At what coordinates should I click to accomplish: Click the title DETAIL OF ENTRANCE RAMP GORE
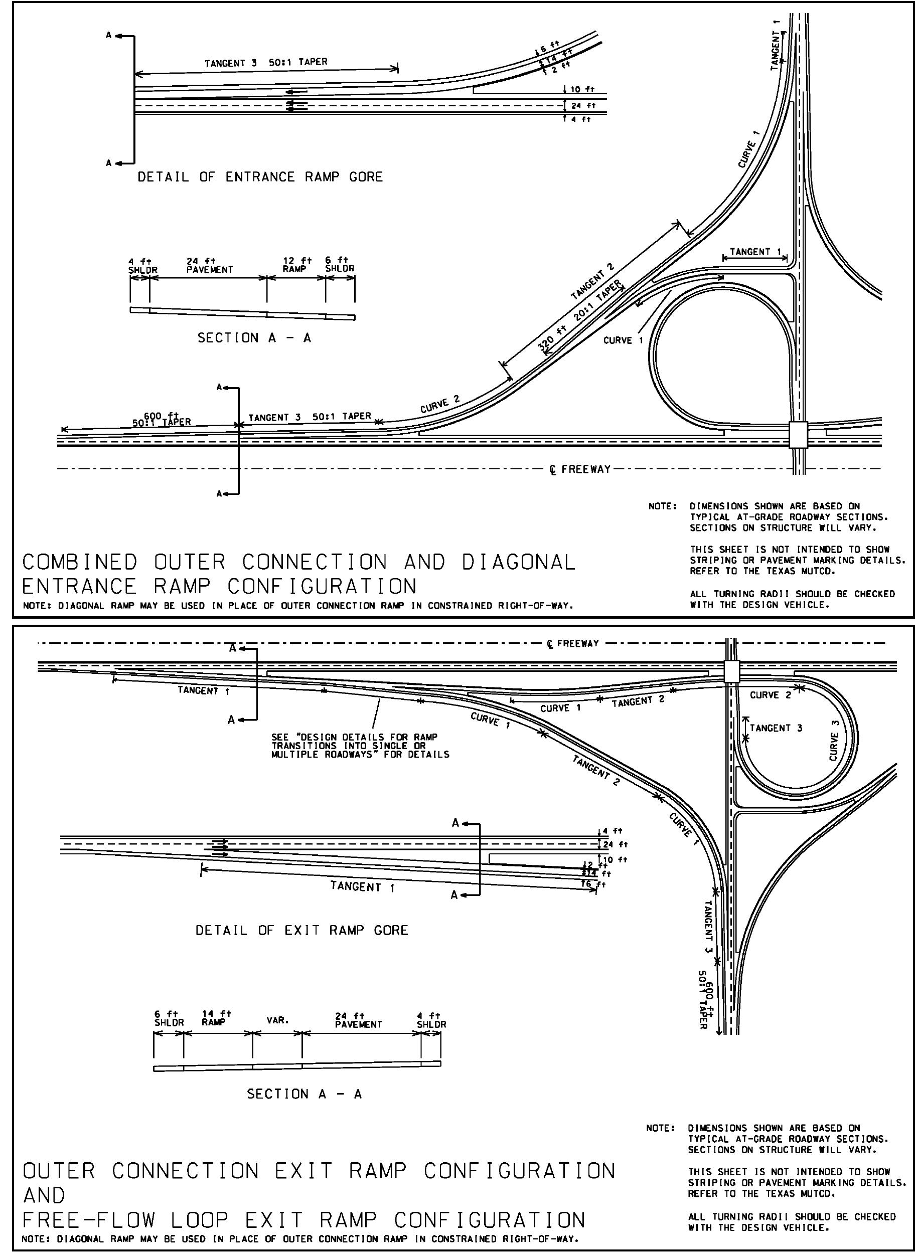coord(260,177)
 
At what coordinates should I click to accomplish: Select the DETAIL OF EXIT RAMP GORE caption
coord(302,931)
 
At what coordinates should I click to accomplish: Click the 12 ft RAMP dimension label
coord(297,265)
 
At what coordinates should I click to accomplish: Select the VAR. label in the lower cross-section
coord(277,1020)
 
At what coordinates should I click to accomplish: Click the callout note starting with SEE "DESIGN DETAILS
coord(360,746)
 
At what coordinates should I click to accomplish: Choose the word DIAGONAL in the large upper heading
coord(518,562)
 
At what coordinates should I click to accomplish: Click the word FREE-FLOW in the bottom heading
coord(89,1220)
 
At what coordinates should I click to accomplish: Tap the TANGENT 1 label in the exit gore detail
coord(362,886)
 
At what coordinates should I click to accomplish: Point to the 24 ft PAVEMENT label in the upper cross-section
coord(210,265)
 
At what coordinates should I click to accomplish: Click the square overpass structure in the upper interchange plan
coord(798,434)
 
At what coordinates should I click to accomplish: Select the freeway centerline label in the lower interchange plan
coord(573,644)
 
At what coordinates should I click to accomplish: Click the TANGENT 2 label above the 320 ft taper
coord(592,281)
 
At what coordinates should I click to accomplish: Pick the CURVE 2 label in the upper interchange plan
coord(440,404)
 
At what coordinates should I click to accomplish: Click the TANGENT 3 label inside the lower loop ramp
coord(776,729)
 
